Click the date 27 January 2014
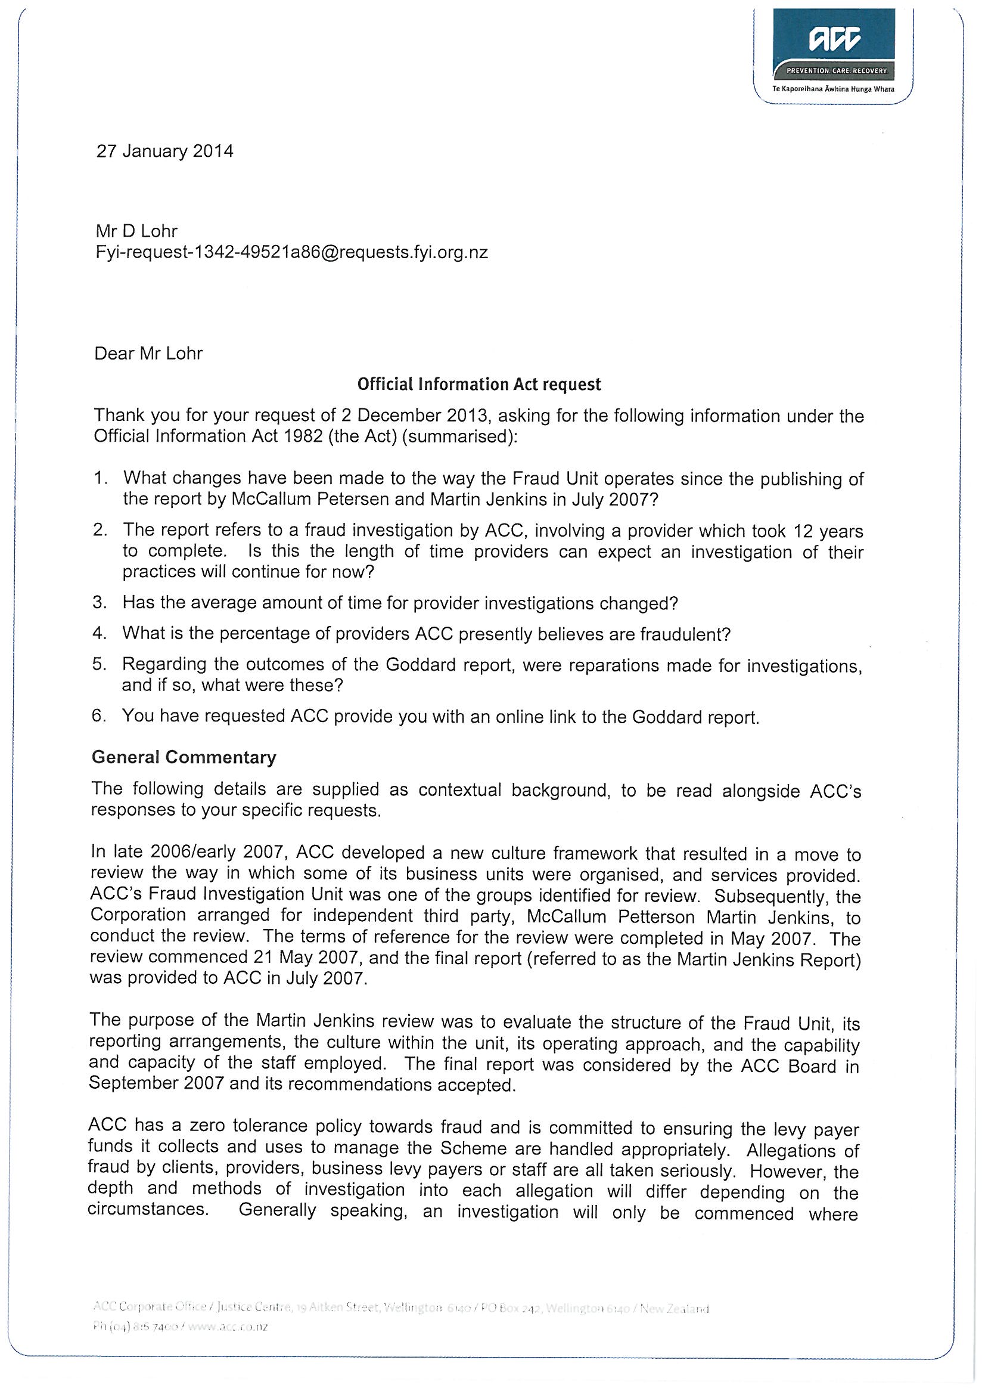[164, 151]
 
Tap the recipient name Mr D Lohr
[136, 231]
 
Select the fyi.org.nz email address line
[291, 253]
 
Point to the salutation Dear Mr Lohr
[149, 354]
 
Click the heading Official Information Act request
[479, 385]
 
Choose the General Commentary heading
[184, 757]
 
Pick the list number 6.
[100, 716]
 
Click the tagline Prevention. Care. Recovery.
[836, 71]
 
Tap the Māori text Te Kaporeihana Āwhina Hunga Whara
[832, 89]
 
